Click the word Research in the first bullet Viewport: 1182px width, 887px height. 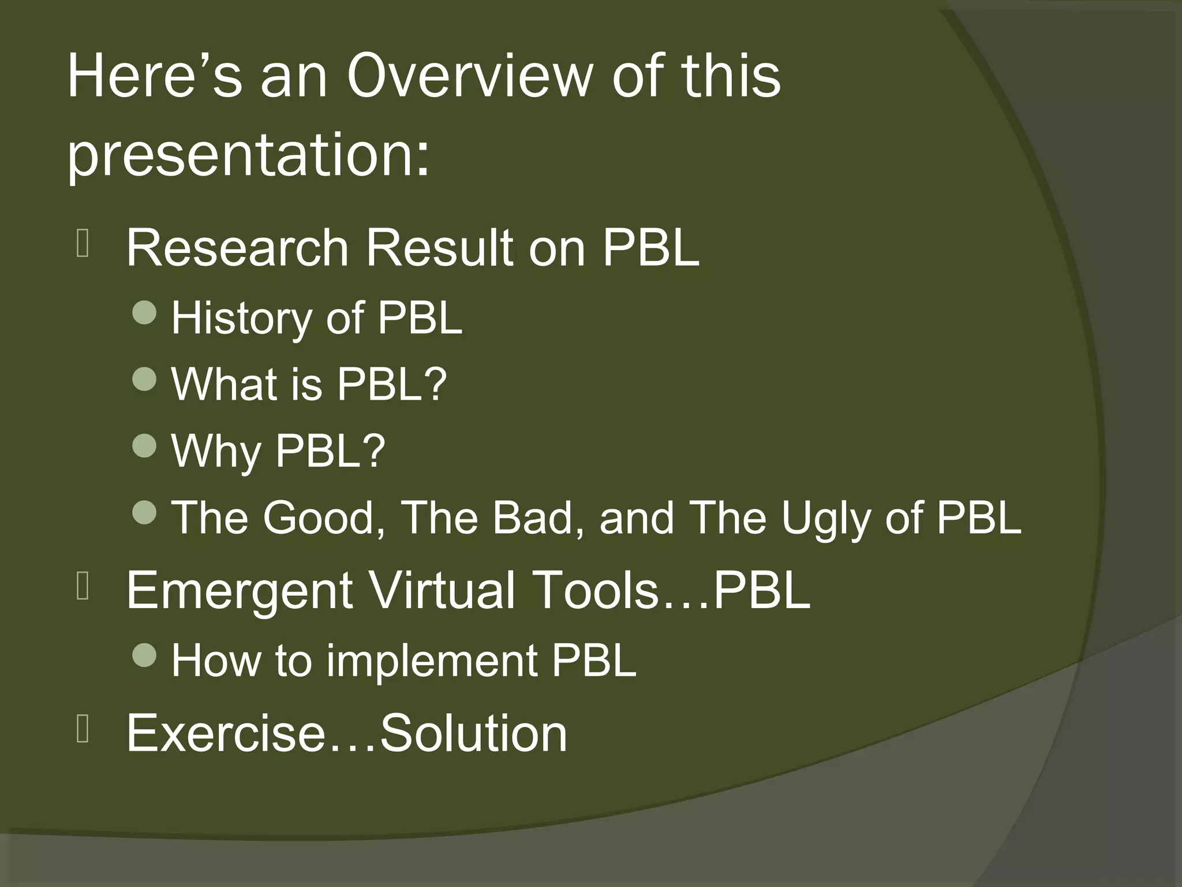pos(237,248)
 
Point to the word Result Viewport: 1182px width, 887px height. pos(439,248)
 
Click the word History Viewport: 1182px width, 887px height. pos(241,318)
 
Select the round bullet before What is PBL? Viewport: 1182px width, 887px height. pos(144,379)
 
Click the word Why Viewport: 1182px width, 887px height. pos(216,452)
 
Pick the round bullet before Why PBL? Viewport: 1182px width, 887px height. pos(144,445)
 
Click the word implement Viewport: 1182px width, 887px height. pos(432,661)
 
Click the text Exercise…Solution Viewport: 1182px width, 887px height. pos(346,733)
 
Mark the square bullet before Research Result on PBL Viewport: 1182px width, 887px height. pos(83,245)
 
